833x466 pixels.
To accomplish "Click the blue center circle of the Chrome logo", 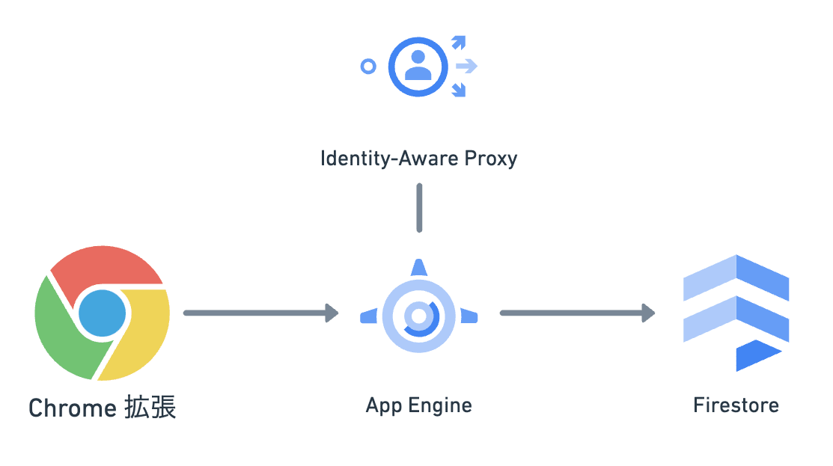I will [x=103, y=313].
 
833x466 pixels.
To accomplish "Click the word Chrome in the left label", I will [x=71, y=408].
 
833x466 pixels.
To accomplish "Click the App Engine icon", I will [x=419, y=314].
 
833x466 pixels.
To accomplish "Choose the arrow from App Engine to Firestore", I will [x=577, y=313].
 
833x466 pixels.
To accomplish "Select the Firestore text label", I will [x=736, y=405].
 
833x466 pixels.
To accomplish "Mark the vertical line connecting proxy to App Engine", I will [x=419, y=207].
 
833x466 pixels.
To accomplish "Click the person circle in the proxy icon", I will [x=418, y=66].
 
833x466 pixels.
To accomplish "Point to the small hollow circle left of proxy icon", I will [x=367, y=67].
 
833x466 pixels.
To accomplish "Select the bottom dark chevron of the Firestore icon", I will [x=756, y=355].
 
